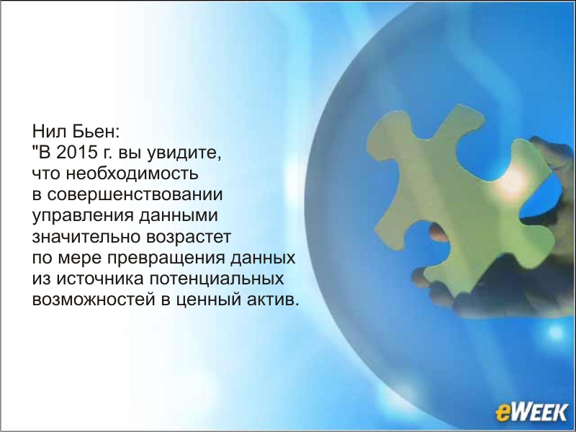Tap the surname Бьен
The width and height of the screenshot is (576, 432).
(x=96, y=131)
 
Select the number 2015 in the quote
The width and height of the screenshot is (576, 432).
(x=76, y=152)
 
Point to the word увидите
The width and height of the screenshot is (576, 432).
(x=184, y=153)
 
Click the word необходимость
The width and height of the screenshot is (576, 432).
(x=132, y=174)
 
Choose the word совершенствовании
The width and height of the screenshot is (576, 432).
(x=135, y=194)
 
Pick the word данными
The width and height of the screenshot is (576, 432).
(x=179, y=216)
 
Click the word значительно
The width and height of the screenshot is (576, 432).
(x=86, y=237)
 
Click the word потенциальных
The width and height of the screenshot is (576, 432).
(x=217, y=279)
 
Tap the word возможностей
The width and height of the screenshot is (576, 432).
(x=94, y=300)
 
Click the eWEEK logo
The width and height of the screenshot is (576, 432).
(x=531, y=411)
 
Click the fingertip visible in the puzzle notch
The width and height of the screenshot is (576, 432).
(x=438, y=233)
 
